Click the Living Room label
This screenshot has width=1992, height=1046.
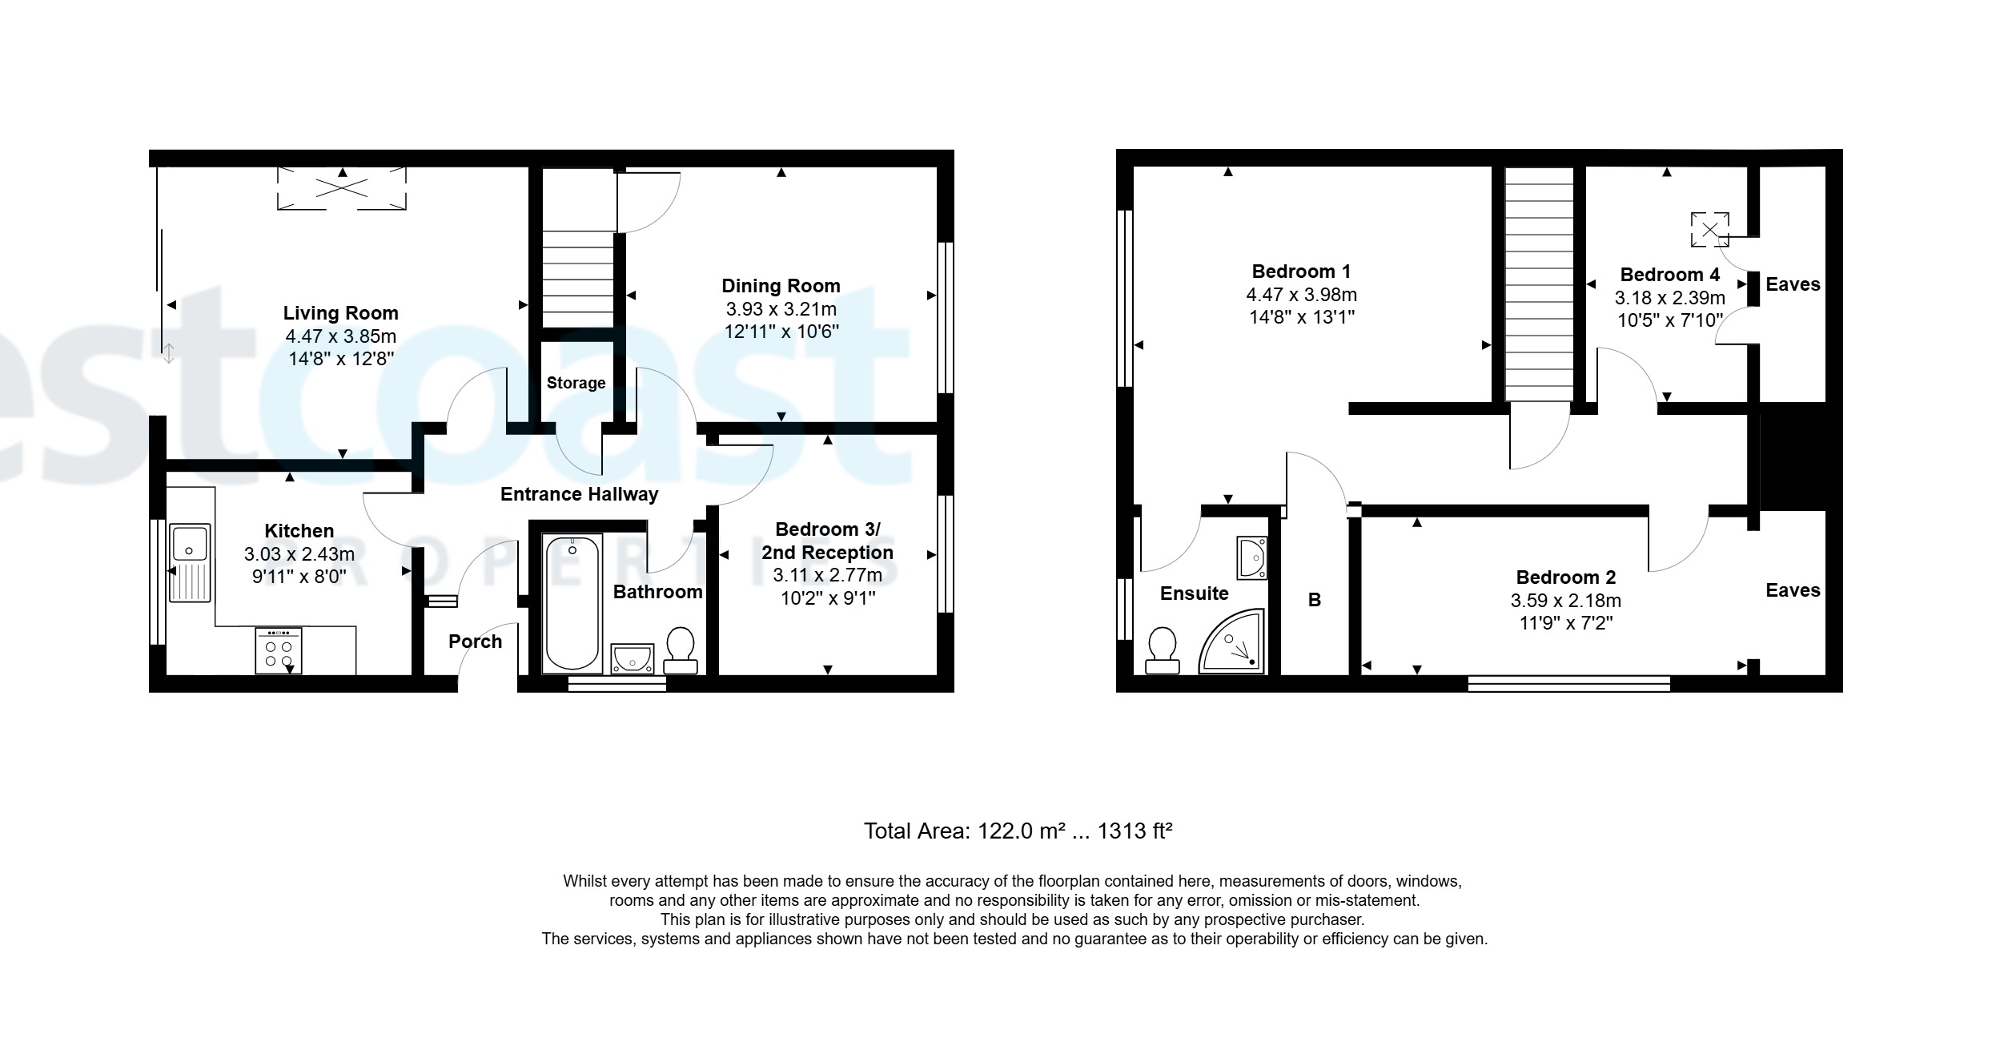(340, 313)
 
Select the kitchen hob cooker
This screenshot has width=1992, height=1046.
(279, 650)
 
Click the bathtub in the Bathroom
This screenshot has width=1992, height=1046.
(572, 603)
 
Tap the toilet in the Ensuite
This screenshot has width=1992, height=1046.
(1162, 650)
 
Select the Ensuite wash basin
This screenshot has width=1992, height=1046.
(1253, 557)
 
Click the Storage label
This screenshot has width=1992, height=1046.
(576, 383)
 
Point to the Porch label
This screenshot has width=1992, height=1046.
(475, 642)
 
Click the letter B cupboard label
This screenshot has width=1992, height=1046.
(1314, 600)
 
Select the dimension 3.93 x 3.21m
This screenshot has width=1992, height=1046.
(781, 309)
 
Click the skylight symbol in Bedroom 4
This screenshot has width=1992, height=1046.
(1709, 230)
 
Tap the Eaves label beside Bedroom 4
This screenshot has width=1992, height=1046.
(1793, 284)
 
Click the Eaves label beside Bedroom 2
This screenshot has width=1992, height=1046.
(1793, 590)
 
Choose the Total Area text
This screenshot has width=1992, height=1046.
(1018, 831)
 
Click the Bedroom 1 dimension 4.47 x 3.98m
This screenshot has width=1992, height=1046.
(1301, 295)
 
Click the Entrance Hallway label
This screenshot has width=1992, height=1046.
(579, 494)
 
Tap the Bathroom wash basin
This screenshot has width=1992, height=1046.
(633, 658)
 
